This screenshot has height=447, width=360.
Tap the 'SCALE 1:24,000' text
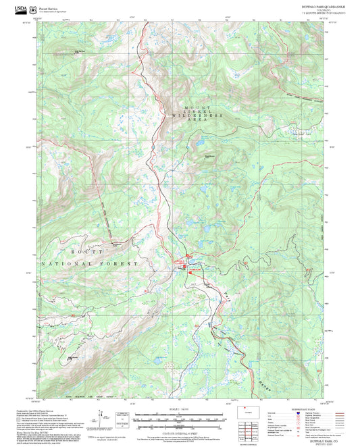pyautogui.click(x=180, y=409)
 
